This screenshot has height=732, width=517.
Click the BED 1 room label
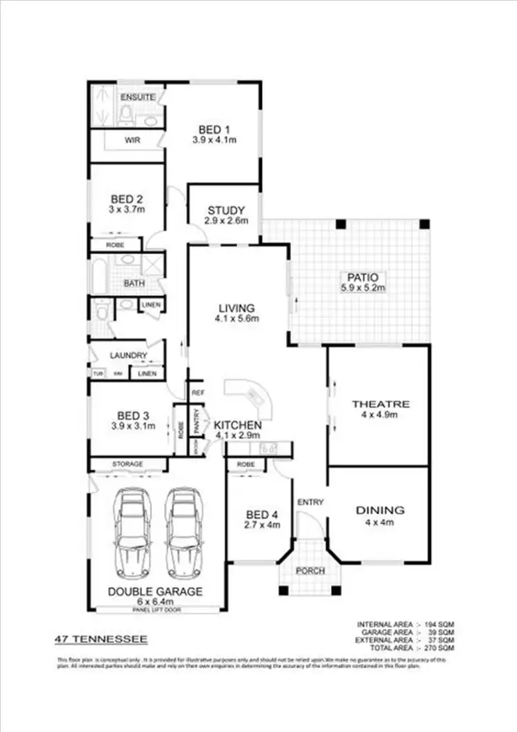tap(214, 130)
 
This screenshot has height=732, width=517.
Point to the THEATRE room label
tap(381, 404)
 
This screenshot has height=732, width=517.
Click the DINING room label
tap(379, 511)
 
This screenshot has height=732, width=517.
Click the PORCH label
tap(309, 571)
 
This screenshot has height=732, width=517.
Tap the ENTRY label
tap(310, 502)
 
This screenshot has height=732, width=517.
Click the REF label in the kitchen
tap(198, 393)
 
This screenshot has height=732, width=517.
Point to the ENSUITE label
tap(138, 97)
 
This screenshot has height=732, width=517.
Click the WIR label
tap(132, 139)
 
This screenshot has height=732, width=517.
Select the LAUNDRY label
tap(128, 356)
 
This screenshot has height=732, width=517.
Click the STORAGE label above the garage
tap(128, 464)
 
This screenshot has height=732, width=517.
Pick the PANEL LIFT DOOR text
tap(155, 610)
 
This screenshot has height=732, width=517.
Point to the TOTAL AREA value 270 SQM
tap(438, 649)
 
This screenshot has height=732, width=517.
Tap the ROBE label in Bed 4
tap(246, 464)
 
